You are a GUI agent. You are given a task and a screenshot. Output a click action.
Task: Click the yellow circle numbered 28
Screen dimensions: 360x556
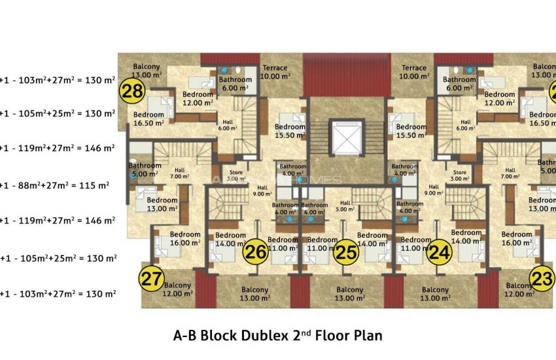pyautogui.click(x=133, y=92)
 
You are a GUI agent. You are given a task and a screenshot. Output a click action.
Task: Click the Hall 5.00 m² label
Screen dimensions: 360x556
pyautogui.click(x=345, y=207)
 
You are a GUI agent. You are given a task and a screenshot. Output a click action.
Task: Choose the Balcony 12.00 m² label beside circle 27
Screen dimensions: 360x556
pyautogui.click(x=177, y=289)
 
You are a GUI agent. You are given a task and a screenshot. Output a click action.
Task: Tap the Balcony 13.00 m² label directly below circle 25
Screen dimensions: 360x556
pyautogui.click(x=350, y=294)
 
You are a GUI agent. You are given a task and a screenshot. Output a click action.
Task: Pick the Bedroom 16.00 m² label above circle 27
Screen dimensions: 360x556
pyautogui.click(x=185, y=238)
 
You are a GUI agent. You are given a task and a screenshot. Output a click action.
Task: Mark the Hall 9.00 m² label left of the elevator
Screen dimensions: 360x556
pyautogui.click(x=262, y=190)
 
